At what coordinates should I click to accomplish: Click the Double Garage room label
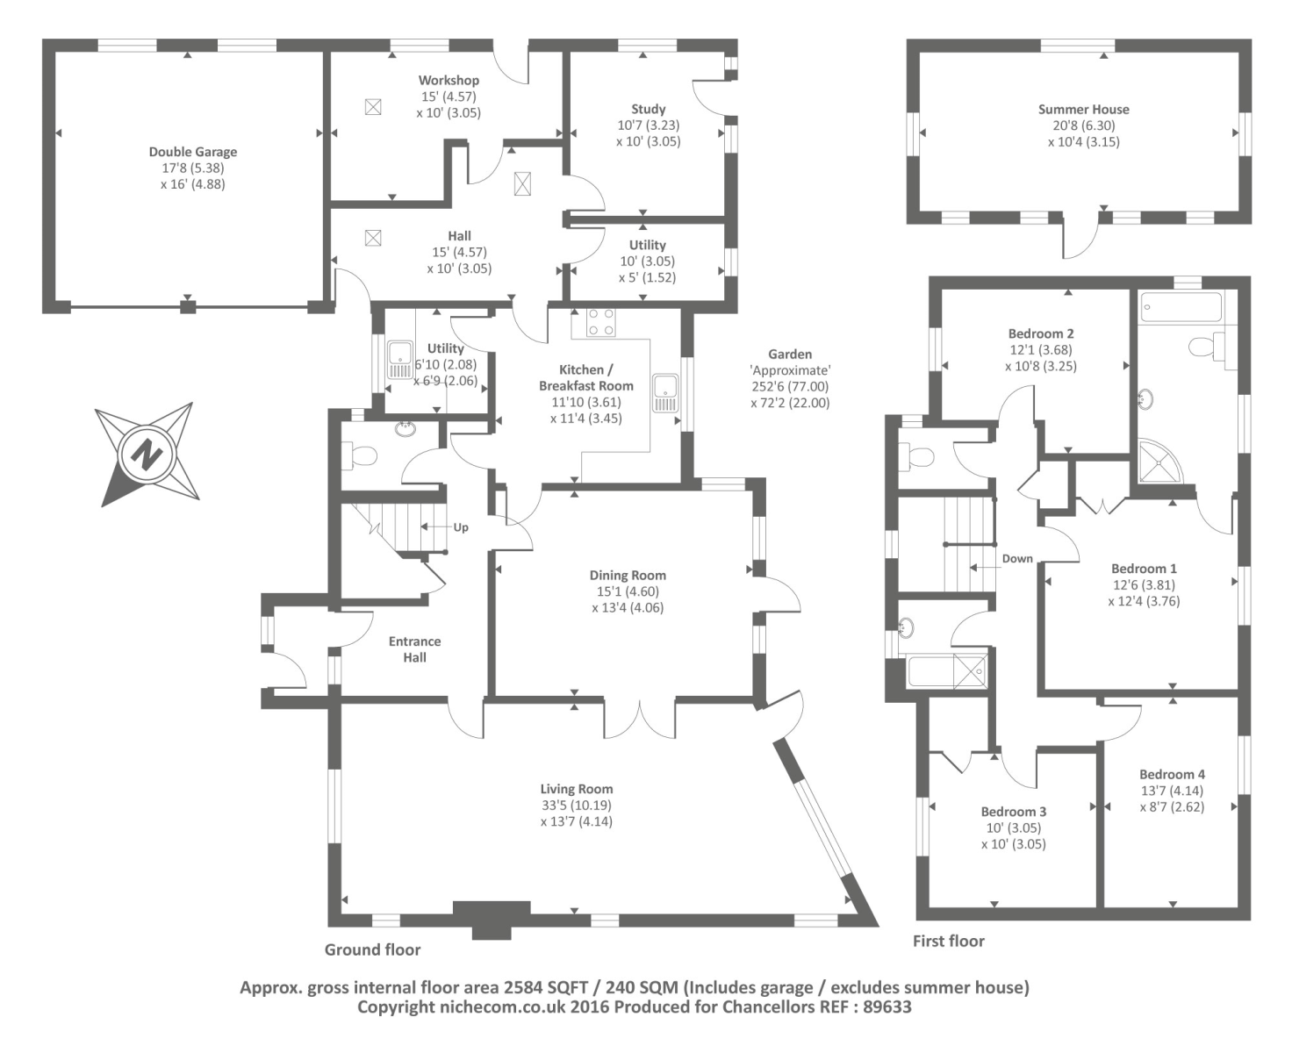click(x=192, y=152)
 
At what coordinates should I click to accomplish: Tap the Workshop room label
click(x=449, y=80)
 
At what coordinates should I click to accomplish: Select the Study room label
click(x=648, y=109)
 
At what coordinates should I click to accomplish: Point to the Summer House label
click(x=1083, y=109)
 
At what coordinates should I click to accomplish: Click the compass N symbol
click(x=147, y=455)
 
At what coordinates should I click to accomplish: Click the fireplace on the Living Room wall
click(x=492, y=917)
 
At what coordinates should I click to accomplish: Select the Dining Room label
click(x=628, y=576)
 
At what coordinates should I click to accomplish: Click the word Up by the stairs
click(x=461, y=527)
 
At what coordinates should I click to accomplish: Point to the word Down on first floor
click(x=1017, y=559)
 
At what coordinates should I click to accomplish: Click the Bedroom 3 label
click(x=1014, y=812)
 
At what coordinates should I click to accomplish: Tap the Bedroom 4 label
click(x=1172, y=774)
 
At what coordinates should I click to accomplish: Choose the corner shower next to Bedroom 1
click(x=1159, y=462)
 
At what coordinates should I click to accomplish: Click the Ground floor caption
click(x=372, y=949)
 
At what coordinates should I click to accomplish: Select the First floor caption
click(x=949, y=941)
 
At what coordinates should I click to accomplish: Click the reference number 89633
click(x=883, y=1007)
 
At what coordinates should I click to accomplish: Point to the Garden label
click(x=790, y=355)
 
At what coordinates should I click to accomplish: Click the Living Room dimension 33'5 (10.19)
click(x=577, y=805)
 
